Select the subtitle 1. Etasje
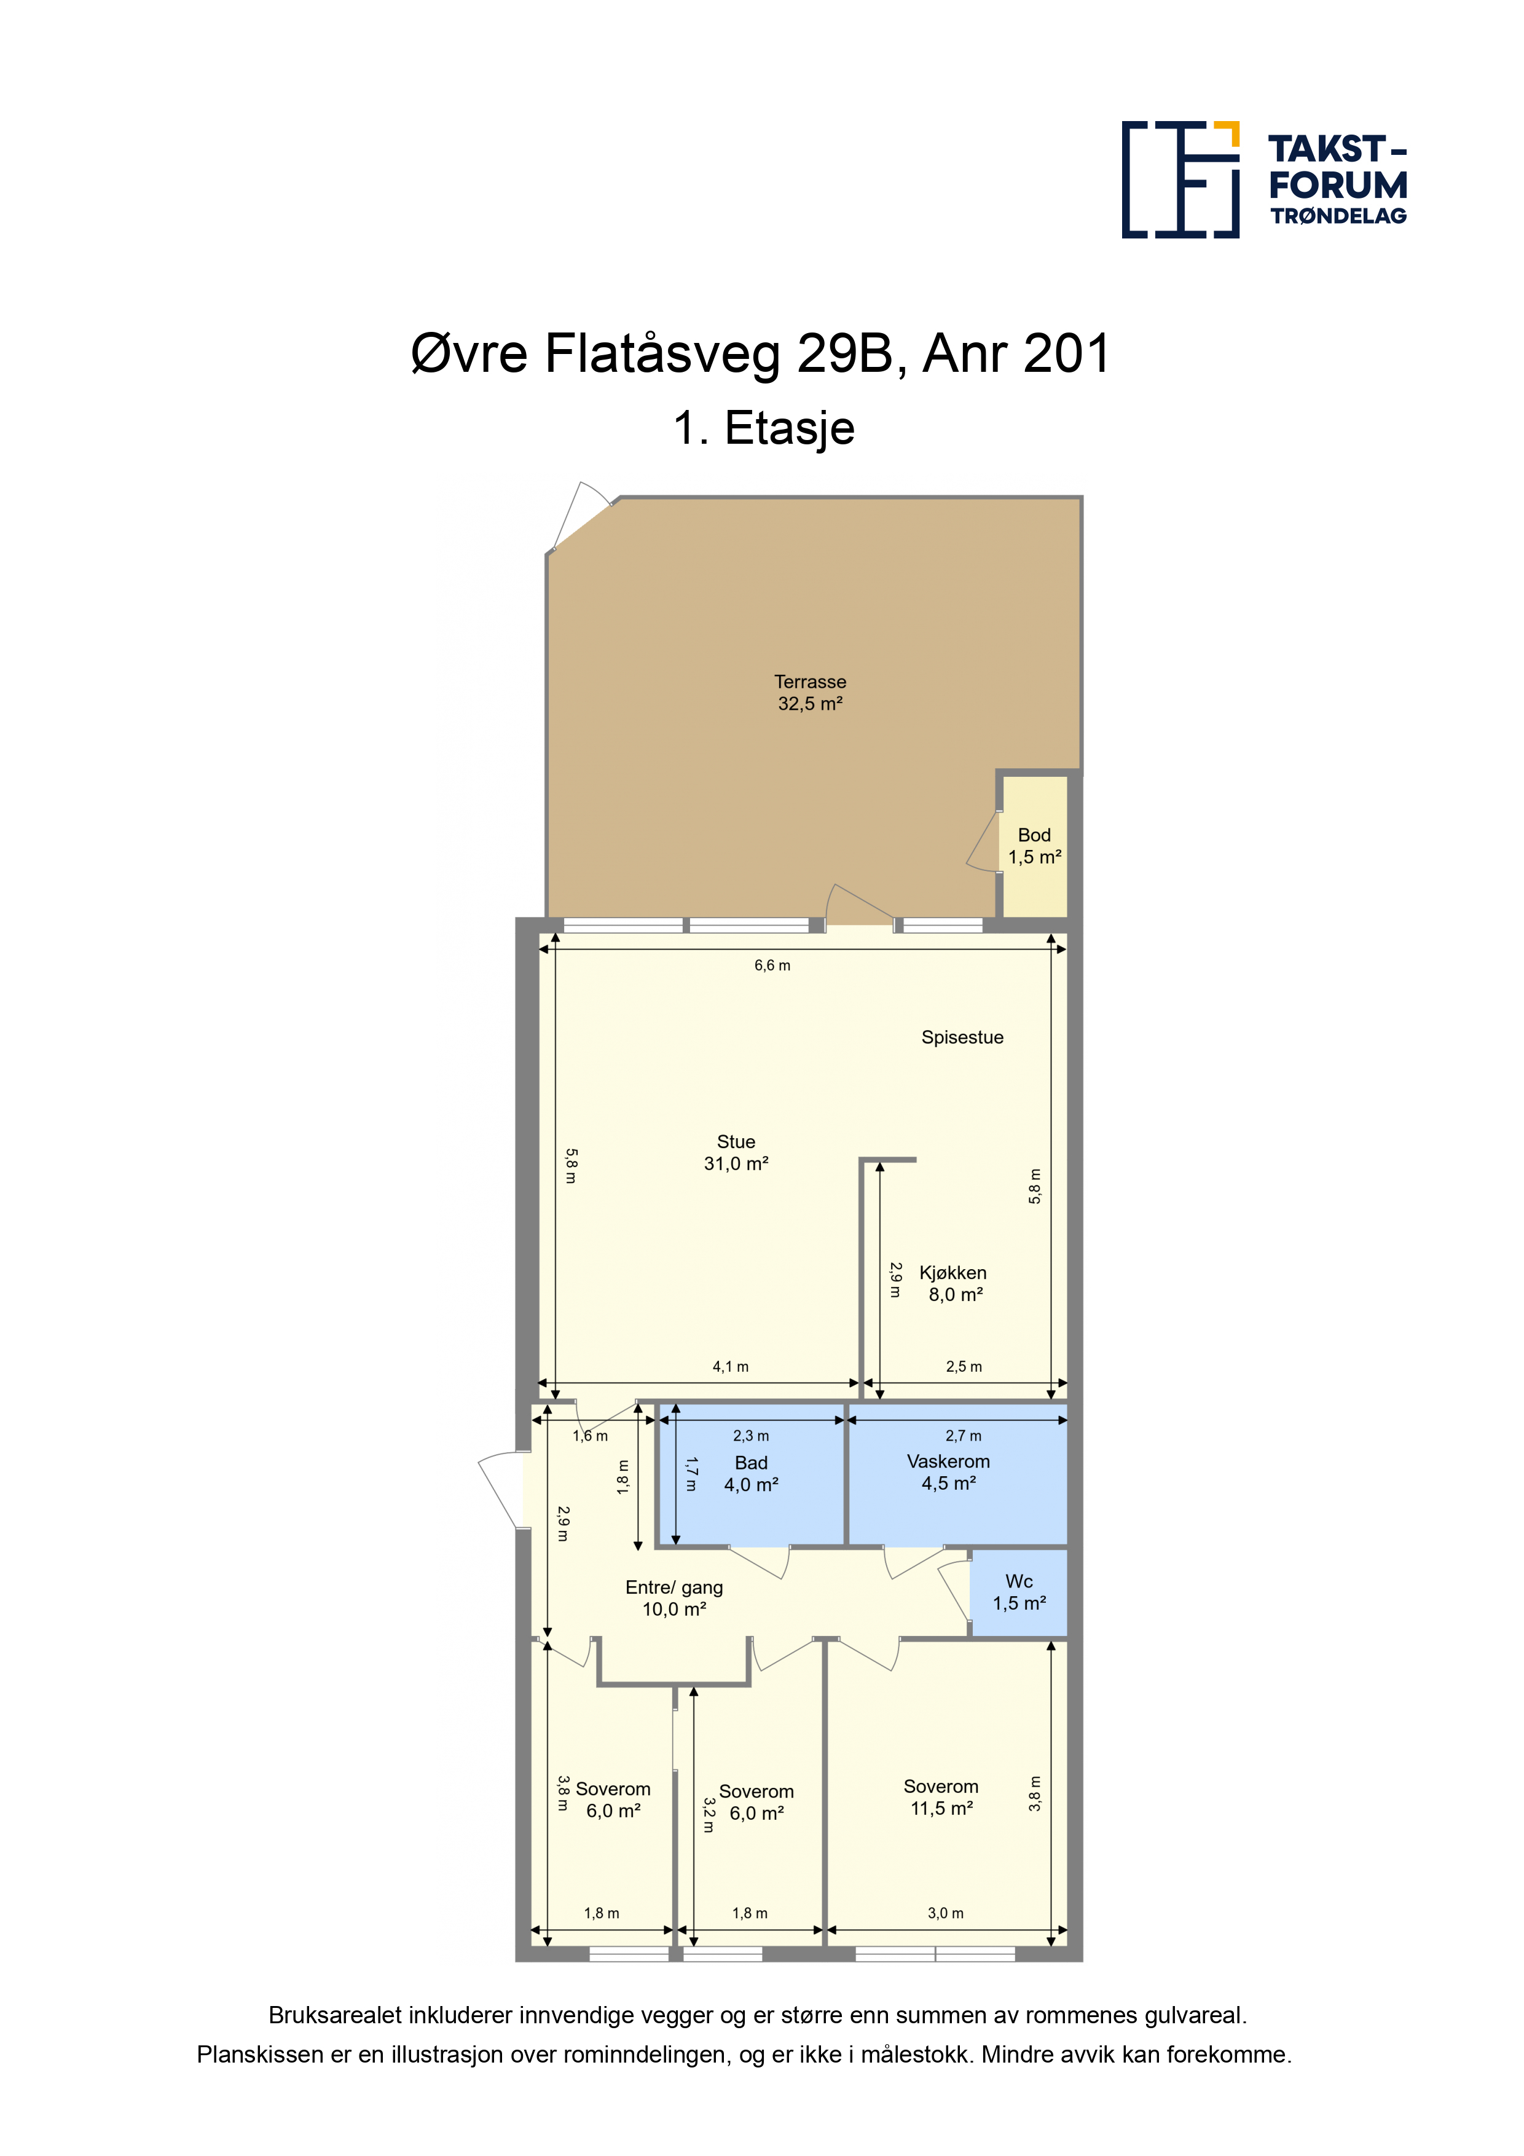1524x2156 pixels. point(763,428)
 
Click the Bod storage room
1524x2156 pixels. point(1035,845)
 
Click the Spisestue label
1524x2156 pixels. point(962,1037)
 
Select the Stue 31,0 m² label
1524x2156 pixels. point(736,1152)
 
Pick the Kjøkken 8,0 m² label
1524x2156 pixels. point(953,1284)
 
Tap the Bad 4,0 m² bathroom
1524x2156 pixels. point(751,1475)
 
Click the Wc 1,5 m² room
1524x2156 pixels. point(1019,1592)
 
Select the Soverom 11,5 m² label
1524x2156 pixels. point(941,1797)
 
